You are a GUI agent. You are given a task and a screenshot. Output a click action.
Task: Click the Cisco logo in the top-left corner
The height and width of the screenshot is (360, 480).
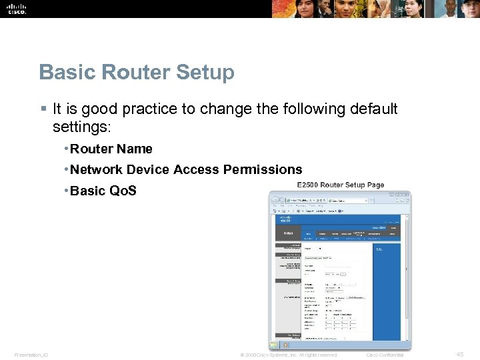(x=16, y=8)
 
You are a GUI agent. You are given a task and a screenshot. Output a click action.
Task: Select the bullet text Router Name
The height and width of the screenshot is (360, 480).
(x=111, y=149)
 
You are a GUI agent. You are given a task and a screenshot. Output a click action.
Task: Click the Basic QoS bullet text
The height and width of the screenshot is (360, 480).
(x=103, y=191)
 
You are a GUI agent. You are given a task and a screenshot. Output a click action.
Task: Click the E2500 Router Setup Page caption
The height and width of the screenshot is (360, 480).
(x=341, y=185)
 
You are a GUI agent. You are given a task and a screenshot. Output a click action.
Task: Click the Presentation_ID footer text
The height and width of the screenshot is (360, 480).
(x=31, y=355)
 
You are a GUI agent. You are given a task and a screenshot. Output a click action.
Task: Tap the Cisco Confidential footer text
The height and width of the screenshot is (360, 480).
(x=385, y=355)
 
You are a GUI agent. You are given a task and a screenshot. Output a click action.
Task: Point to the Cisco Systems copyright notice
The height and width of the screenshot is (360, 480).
(x=288, y=355)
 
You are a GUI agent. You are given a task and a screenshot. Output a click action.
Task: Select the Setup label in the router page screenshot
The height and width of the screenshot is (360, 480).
(x=288, y=233)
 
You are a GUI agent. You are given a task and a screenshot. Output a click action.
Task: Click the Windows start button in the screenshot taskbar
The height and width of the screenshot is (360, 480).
(x=273, y=346)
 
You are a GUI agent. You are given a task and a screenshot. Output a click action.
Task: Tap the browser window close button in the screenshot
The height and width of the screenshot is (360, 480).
(x=408, y=195)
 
